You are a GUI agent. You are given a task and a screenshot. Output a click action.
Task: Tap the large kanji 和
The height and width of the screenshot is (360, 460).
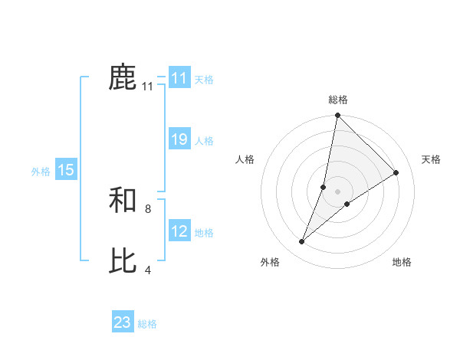click(x=123, y=201)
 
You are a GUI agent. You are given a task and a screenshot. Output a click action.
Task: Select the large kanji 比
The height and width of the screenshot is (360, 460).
click(x=123, y=261)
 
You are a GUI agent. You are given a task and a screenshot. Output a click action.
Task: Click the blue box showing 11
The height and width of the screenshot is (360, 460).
click(x=179, y=78)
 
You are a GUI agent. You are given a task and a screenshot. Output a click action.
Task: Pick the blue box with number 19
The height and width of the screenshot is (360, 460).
click(x=179, y=139)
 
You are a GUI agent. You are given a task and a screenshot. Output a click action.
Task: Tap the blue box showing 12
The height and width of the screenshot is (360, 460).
click(x=179, y=231)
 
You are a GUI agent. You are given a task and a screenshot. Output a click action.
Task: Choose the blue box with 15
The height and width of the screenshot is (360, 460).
click(x=66, y=170)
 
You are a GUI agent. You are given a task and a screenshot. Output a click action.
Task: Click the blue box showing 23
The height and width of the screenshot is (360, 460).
click(x=123, y=322)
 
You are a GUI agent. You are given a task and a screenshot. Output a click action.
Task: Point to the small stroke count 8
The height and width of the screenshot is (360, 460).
click(x=148, y=208)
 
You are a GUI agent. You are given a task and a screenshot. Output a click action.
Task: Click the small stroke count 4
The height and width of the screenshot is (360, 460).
click(x=148, y=270)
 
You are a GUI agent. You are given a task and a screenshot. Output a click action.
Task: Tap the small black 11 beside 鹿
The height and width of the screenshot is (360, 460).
click(x=148, y=87)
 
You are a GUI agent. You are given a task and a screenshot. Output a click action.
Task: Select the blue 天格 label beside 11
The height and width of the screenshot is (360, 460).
click(x=204, y=79)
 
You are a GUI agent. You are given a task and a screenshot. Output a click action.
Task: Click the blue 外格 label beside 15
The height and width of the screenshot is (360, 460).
click(x=41, y=172)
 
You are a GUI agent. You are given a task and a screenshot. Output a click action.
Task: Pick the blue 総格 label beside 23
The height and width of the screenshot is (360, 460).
click(x=148, y=324)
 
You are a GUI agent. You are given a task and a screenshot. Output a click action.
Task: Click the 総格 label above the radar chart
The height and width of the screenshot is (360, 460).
click(x=337, y=100)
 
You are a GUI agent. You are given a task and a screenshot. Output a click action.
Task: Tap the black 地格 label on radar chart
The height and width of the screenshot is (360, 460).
click(x=402, y=263)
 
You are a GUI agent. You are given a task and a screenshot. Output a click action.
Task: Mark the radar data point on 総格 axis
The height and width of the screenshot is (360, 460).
click(x=337, y=116)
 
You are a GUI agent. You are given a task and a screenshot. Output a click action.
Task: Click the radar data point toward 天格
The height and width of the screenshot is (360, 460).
click(x=396, y=172)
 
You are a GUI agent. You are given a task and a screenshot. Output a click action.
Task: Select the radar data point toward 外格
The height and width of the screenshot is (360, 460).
click(x=302, y=242)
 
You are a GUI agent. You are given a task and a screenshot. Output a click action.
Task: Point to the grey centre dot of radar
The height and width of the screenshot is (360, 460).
click(x=337, y=191)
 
